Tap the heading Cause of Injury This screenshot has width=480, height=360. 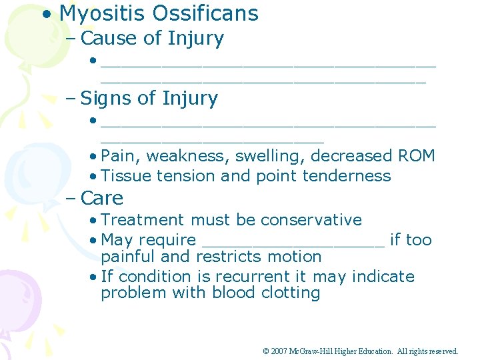pos(152,39)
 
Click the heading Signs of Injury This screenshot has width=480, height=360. pos(149,99)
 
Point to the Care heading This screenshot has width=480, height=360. pos(101,199)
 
